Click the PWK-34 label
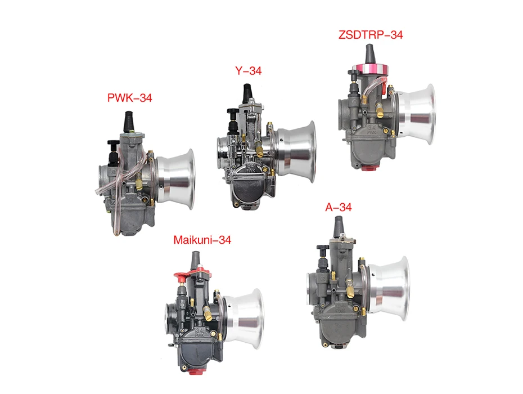[129, 98]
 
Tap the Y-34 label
[248, 71]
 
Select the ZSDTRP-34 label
[371, 35]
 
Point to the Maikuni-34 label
[202, 240]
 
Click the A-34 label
[338, 207]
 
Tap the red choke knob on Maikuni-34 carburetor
[182, 276]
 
